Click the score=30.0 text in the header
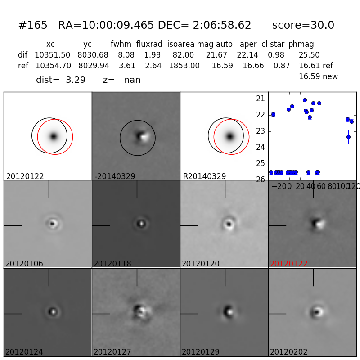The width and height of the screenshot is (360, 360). pos(303,26)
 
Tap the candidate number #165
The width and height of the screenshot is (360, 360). pos(33,26)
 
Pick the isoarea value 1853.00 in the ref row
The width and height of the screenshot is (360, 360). pos(184,66)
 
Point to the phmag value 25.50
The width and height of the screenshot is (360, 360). pos(309,55)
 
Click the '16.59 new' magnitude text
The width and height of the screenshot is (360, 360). pos(318,76)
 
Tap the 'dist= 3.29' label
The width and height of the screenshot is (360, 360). pos(61,80)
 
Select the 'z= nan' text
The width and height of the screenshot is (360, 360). pos(121,80)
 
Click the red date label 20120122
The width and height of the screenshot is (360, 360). pos(289,264)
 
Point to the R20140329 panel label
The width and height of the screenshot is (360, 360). pos(204,176)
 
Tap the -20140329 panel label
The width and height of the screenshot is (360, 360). pos(115,176)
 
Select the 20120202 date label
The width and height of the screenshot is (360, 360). pos(289,352)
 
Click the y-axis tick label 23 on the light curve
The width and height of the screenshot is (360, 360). pos(260,131)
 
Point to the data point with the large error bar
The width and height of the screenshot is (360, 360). pos(348,137)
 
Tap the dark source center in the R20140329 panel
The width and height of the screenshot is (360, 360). pos(230,136)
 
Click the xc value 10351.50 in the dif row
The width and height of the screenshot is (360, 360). pos(52,55)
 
